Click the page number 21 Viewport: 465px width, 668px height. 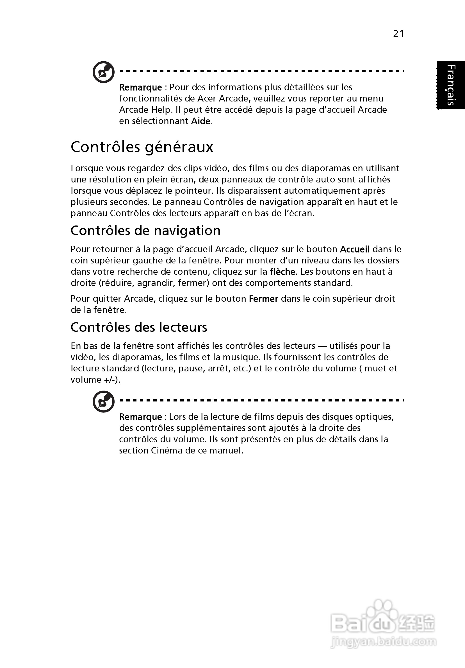pyautogui.click(x=398, y=34)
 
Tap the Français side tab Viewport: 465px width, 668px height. pyautogui.click(x=450, y=85)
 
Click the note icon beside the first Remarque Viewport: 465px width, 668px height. pyautogui.click(x=103, y=72)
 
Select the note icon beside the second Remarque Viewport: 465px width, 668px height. pyautogui.click(x=103, y=401)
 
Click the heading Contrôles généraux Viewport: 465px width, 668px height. pyautogui.click(x=142, y=147)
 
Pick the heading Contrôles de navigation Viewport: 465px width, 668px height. pyautogui.click(x=145, y=231)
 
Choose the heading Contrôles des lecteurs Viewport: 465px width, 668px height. pyautogui.click(x=139, y=327)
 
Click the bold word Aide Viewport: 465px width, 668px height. pyautogui.click(x=200, y=121)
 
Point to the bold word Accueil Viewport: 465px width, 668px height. pyautogui.click(x=355, y=249)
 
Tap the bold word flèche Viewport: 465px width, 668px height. pyautogui.click(x=282, y=272)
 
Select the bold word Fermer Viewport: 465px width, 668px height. pyautogui.click(x=264, y=299)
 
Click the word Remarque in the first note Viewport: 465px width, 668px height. pyautogui.click(x=140, y=87)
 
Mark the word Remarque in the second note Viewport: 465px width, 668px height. pyautogui.click(x=140, y=417)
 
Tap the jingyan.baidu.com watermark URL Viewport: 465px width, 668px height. pyautogui.click(x=384, y=642)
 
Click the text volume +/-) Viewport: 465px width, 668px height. pyautogui.click(x=95, y=380)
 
